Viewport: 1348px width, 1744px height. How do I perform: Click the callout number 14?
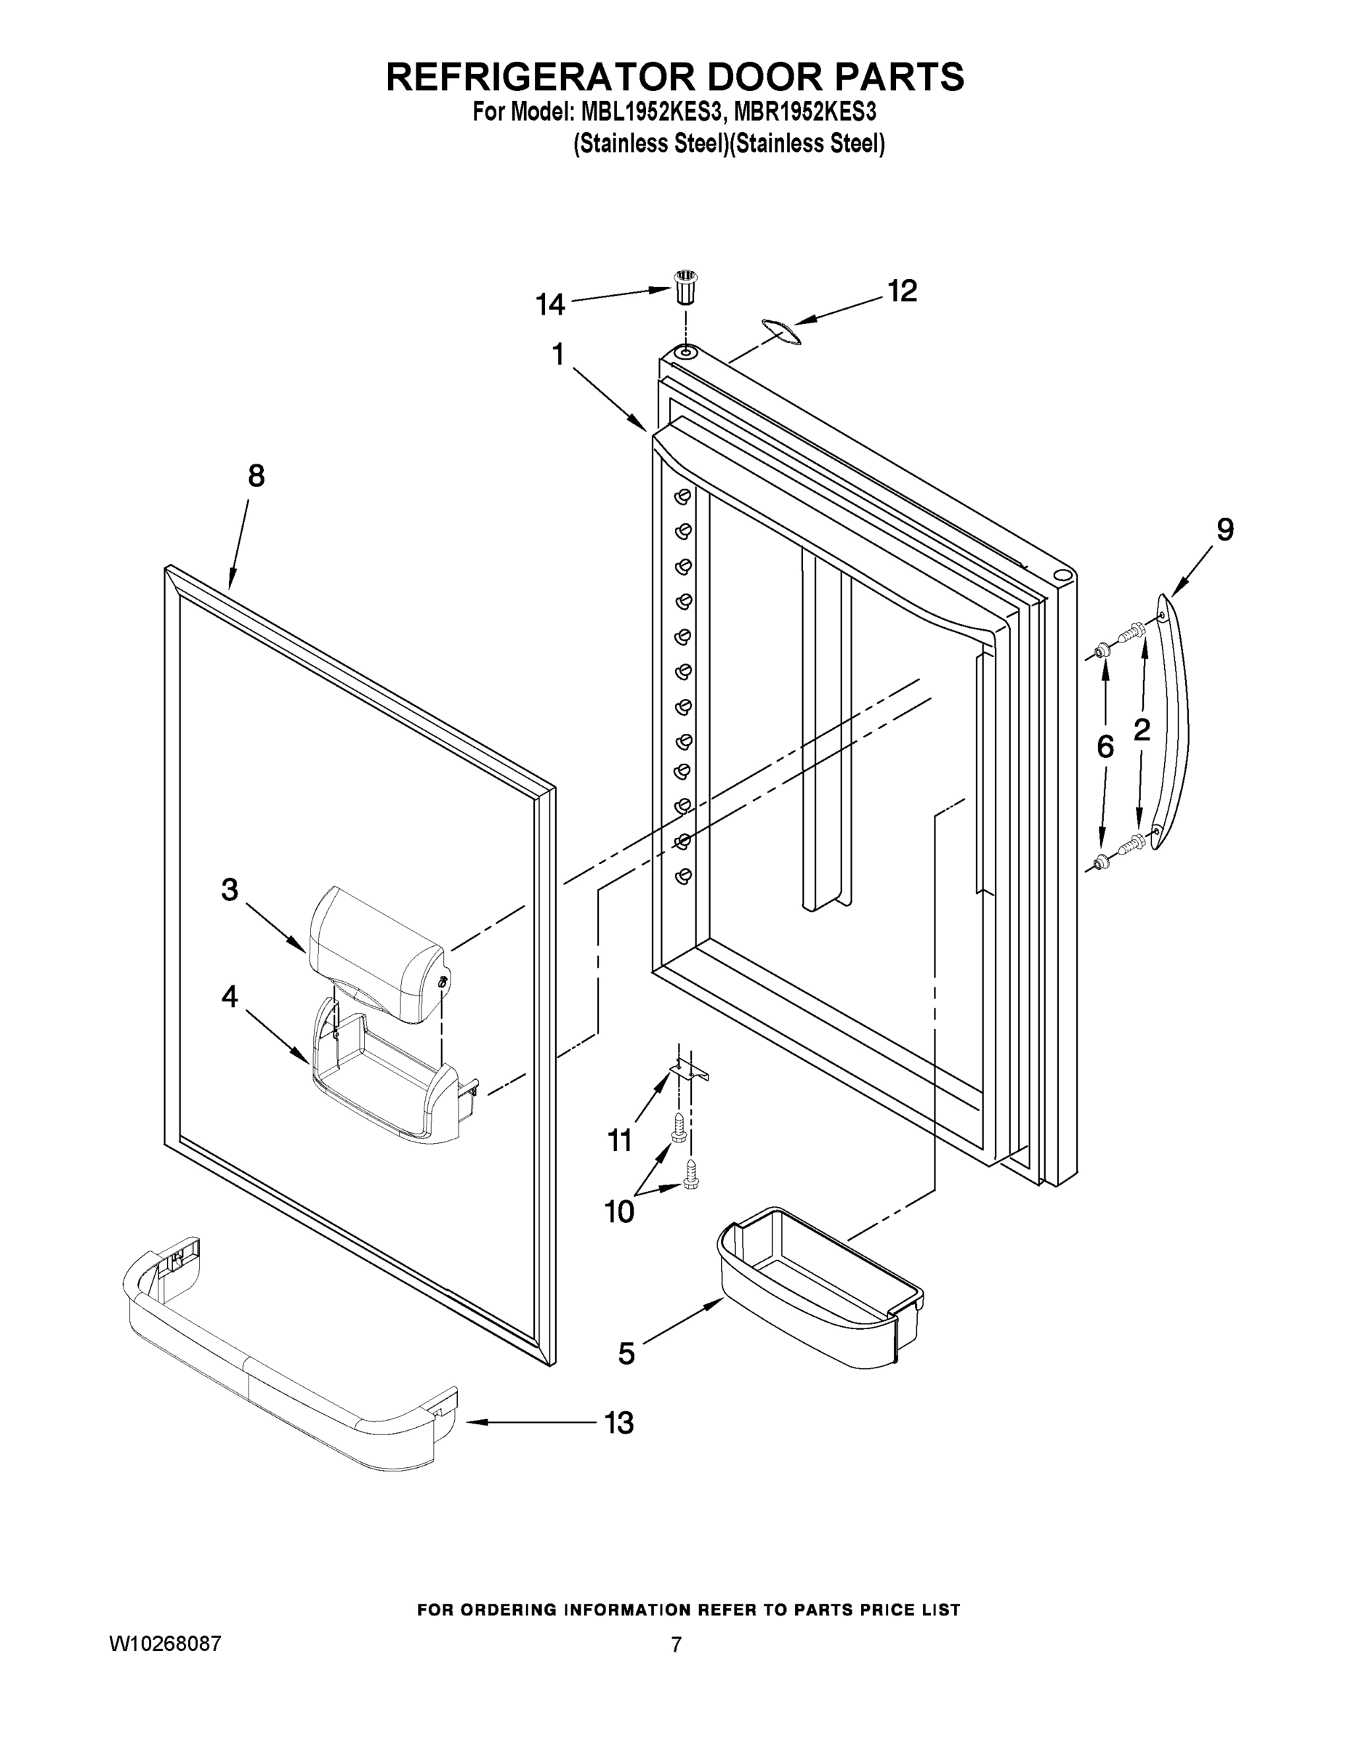[x=550, y=304]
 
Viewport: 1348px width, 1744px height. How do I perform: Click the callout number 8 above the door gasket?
[x=256, y=476]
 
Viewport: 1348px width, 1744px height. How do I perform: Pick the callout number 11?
[x=620, y=1140]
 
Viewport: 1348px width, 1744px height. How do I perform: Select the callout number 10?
[x=619, y=1211]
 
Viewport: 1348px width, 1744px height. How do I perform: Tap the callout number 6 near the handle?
[x=1105, y=746]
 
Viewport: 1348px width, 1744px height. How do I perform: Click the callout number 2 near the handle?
[x=1142, y=729]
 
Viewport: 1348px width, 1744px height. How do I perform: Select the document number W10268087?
[x=165, y=1644]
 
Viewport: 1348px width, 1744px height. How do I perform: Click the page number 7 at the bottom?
[x=676, y=1645]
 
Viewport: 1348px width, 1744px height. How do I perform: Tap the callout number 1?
[x=558, y=354]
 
